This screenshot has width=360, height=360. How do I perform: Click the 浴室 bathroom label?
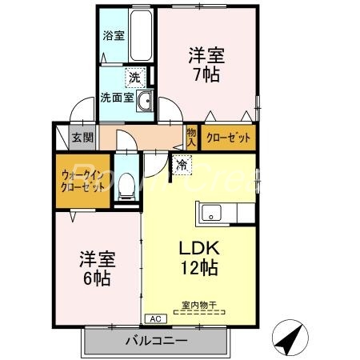113,35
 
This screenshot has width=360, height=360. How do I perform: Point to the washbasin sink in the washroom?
144,101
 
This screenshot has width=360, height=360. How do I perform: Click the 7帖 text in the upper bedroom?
206,77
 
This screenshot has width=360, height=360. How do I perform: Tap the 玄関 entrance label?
82,138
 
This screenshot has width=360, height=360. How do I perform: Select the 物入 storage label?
191,137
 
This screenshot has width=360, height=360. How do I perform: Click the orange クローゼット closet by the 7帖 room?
228,138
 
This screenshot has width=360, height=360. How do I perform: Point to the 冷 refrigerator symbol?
182,165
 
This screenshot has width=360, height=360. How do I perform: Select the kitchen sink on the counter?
213,213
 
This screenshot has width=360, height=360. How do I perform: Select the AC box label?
154,318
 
